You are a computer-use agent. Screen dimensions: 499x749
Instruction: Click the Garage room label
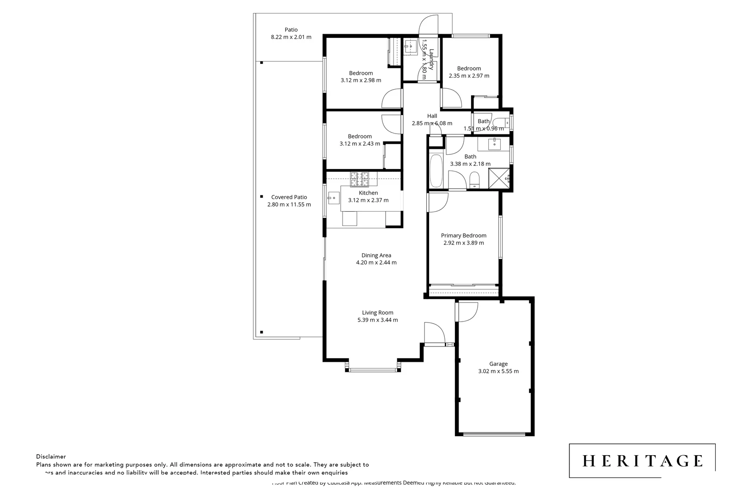(498, 364)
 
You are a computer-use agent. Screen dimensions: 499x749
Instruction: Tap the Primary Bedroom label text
(463, 235)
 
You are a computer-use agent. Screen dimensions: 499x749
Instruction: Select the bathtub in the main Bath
(436, 170)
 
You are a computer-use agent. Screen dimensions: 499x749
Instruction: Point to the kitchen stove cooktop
(359, 176)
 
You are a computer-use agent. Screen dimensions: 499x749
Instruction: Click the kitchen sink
(333, 198)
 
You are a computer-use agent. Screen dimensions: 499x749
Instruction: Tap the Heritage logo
(642, 461)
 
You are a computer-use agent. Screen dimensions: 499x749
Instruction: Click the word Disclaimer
(51, 456)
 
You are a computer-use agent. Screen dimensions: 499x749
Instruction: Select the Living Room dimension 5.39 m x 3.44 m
(377, 320)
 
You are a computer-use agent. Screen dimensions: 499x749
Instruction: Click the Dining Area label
(376, 255)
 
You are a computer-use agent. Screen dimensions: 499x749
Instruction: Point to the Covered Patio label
(289, 197)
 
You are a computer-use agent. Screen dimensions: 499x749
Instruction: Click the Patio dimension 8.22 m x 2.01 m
(291, 37)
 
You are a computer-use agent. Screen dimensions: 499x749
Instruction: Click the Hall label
(432, 116)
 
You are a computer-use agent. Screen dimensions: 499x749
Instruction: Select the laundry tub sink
(410, 46)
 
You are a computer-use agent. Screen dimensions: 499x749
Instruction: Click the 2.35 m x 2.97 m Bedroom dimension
(469, 76)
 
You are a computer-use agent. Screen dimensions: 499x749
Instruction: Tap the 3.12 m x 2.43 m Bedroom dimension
(360, 144)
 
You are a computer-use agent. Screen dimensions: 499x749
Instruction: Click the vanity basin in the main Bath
(495, 144)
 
